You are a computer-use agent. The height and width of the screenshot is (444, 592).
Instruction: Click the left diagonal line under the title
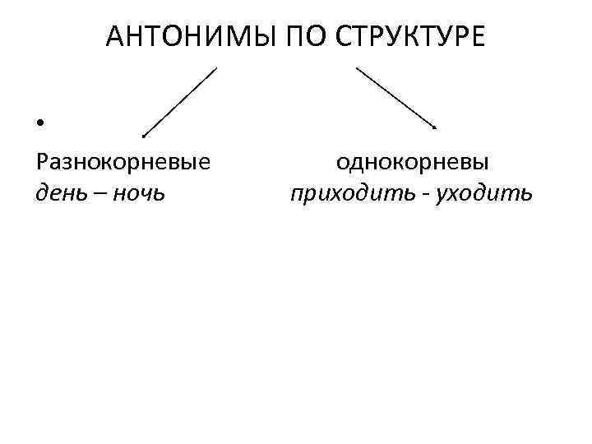pos(179,101)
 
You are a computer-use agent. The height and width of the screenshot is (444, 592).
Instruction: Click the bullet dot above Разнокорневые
pos(39,124)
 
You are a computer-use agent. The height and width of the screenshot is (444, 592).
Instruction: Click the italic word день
pos(61,193)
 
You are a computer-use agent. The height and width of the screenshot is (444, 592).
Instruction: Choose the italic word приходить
pos(344,193)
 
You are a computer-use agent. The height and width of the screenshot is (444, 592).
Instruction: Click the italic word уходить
pos(490,193)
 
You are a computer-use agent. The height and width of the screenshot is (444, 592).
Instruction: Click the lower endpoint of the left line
pos(144,135)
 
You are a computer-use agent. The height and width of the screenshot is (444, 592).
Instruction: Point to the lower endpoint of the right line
pos(436,127)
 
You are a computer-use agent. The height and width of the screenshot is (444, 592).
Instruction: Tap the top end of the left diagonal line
pos(215,68)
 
